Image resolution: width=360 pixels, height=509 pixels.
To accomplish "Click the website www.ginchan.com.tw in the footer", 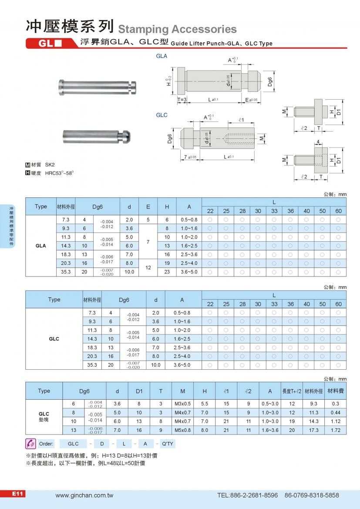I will (x=84, y=495).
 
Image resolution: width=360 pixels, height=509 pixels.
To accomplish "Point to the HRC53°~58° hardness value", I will (x=60, y=173).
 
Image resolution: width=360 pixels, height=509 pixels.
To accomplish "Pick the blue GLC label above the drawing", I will (x=162, y=115).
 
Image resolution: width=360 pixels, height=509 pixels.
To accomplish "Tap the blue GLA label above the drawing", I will (x=162, y=56).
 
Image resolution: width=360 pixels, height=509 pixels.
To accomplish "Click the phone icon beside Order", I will (x=30, y=444).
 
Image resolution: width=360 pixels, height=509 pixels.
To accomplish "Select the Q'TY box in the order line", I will (x=167, y=444).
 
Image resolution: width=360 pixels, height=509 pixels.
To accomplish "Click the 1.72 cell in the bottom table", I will (x=335, y=430).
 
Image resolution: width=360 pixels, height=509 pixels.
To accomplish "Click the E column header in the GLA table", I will (x=148, y=206).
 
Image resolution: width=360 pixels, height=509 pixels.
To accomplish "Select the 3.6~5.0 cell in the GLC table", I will (x=182, y=365).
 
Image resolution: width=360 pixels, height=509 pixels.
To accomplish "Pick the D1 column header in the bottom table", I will (x=139, y=391).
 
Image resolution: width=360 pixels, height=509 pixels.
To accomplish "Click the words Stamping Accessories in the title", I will (x=178, y=29).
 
